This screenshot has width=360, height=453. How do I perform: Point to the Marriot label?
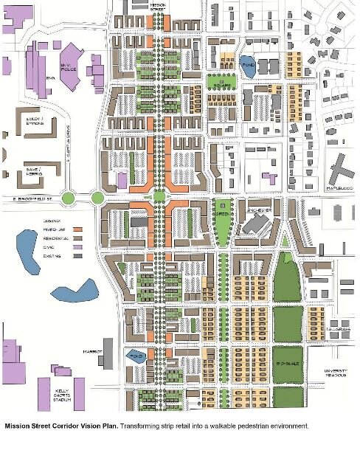(91, 352)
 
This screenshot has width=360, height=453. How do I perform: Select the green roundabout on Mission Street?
(159, 196)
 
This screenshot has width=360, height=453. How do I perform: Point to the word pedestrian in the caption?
(253, 426)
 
